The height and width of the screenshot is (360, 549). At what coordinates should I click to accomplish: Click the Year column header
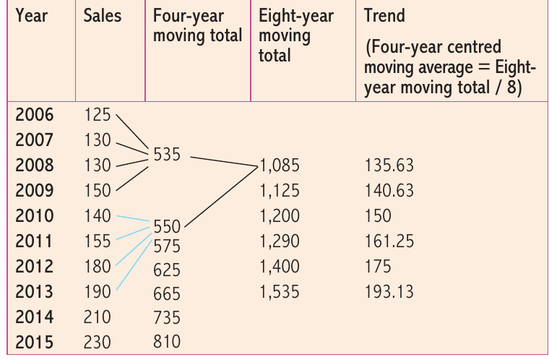[32, 16]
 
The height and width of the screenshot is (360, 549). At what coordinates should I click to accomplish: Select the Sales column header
[103, 16]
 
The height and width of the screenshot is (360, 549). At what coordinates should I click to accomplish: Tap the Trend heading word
[384, 16]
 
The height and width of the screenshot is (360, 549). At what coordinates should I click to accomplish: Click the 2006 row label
[35, 115]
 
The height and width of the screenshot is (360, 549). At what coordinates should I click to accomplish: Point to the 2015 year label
[35, 342]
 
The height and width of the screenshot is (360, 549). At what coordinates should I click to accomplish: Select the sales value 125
[98, 115]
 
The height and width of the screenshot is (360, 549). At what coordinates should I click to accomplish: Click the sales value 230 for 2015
[97, 342]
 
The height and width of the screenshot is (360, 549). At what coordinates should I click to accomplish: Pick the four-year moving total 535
[167, 154]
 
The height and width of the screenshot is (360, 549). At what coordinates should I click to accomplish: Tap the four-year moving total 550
[167, 226]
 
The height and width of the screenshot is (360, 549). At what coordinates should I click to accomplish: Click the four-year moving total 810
[167, 341]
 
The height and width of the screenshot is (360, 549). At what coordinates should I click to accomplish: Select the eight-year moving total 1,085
[280, 166]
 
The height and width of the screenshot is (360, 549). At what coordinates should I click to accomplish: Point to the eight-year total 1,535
[280, 292]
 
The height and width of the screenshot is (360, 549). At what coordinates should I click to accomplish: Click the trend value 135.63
[389, 166]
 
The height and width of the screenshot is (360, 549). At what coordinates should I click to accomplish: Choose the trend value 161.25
[389, 241]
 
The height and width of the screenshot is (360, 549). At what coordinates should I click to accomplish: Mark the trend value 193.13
[389, 292]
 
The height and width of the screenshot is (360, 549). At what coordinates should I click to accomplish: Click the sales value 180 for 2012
[98, 267]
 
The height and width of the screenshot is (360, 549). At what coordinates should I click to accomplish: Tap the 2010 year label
[35, 215]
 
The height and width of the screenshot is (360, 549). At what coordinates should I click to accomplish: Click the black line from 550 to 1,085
[221, 197]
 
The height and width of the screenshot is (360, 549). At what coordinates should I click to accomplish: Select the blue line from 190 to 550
[134, 265]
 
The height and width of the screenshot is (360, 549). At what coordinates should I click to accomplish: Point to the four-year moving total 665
[167, 293]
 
